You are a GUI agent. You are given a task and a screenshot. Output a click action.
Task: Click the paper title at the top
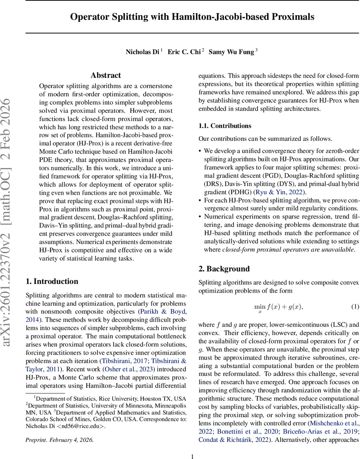pos(192,17)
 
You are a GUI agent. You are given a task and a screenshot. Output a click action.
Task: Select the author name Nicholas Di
pos(142,52)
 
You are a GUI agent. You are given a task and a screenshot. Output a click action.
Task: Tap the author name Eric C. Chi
pos(185,52)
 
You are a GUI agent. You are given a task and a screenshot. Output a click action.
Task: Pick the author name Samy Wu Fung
pos(231,52)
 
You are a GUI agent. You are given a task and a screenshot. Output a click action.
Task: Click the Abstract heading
pos(105,75)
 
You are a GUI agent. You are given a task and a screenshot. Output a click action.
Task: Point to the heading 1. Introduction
pos(52,282)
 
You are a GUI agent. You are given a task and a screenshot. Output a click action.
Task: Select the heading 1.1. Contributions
pos(225,126)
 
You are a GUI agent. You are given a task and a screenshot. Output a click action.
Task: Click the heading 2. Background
pos(224,269)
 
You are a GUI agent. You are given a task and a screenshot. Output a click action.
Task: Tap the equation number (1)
pos(355,307)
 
